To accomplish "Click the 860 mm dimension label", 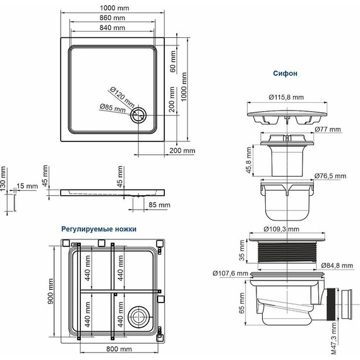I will coord(112,18).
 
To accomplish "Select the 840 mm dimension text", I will coord(112,29).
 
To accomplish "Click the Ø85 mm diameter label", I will coord(114,108).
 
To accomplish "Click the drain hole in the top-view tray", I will coord(138,116).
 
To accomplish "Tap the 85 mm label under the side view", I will coord(160,205).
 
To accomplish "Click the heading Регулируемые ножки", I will coord(99,229).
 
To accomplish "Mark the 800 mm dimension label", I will coord(118,349).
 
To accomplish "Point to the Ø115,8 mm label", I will coord(285,97).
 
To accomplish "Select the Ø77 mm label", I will coord(327,129).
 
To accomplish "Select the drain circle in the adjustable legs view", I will coord(138,315).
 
